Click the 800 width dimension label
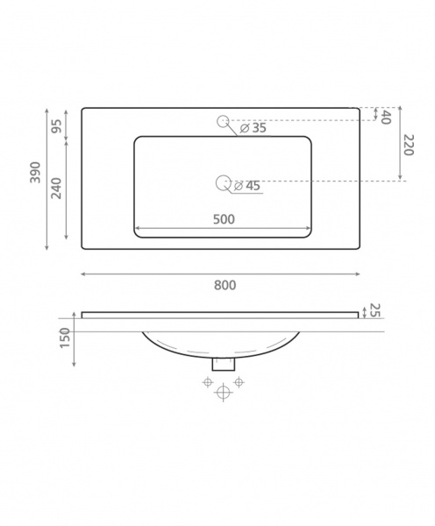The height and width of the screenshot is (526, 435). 225,285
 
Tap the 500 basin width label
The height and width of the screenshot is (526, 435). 224,219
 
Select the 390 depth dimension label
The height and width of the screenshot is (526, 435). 35,173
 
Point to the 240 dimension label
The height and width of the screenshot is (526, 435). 56,188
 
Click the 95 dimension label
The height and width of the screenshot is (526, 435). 56,126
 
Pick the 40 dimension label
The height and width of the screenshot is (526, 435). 386,117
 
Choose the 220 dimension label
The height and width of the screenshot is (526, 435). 409,145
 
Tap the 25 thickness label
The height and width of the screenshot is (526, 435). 374,310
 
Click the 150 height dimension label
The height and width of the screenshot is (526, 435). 65,338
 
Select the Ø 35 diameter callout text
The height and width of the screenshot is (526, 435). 253,128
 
